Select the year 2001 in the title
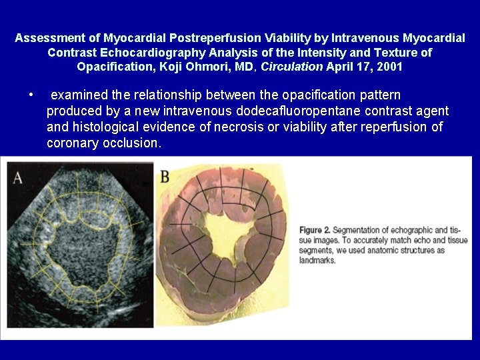coord(389,67)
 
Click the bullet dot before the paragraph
coord(31,95)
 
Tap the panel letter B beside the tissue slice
coord(165,177)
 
